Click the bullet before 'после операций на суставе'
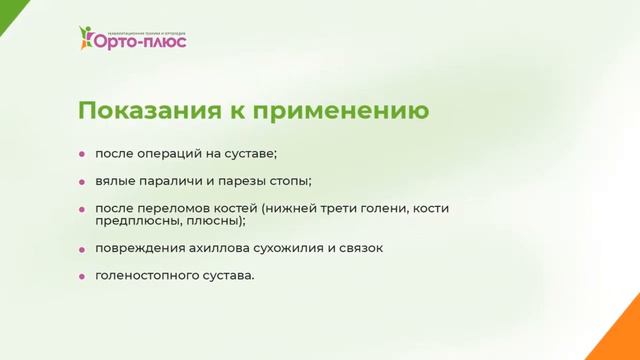83,154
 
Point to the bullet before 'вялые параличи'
83,181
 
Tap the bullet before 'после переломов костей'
83,208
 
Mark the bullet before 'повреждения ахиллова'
83,247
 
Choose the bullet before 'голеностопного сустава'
83,274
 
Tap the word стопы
289,181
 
